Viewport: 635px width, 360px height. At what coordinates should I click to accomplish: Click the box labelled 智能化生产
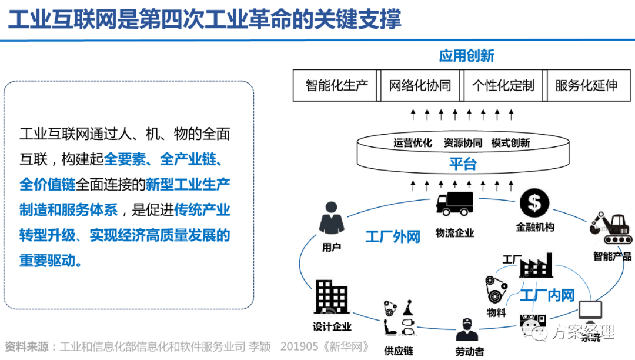click(x=336, y=85)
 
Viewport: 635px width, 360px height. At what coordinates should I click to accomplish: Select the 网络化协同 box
click(x=420, y=85)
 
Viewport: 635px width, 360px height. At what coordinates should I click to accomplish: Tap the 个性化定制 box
click(x=503, y=85)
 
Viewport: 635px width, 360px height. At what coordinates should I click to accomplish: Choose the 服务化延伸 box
click(x=586, y=85)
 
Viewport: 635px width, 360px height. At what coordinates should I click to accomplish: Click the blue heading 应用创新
click(x=466, y=56)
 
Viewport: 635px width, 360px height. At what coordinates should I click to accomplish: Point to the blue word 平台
click(x=463, y=164)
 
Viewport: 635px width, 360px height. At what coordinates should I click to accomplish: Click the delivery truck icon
click(x=454, y=204)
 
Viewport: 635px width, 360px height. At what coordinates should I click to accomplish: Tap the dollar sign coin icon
click(x=534, y=203)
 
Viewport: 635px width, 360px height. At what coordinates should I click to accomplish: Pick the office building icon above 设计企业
click(x=332, y=297)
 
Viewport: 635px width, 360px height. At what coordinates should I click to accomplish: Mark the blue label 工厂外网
click(x=393, y=237)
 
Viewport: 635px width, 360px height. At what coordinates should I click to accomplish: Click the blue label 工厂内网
click(x=547, y=295)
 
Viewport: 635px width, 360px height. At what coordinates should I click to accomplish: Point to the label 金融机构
click(x=534, y=226)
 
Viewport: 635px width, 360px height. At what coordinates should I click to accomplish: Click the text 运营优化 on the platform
click(x=413, y=143)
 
